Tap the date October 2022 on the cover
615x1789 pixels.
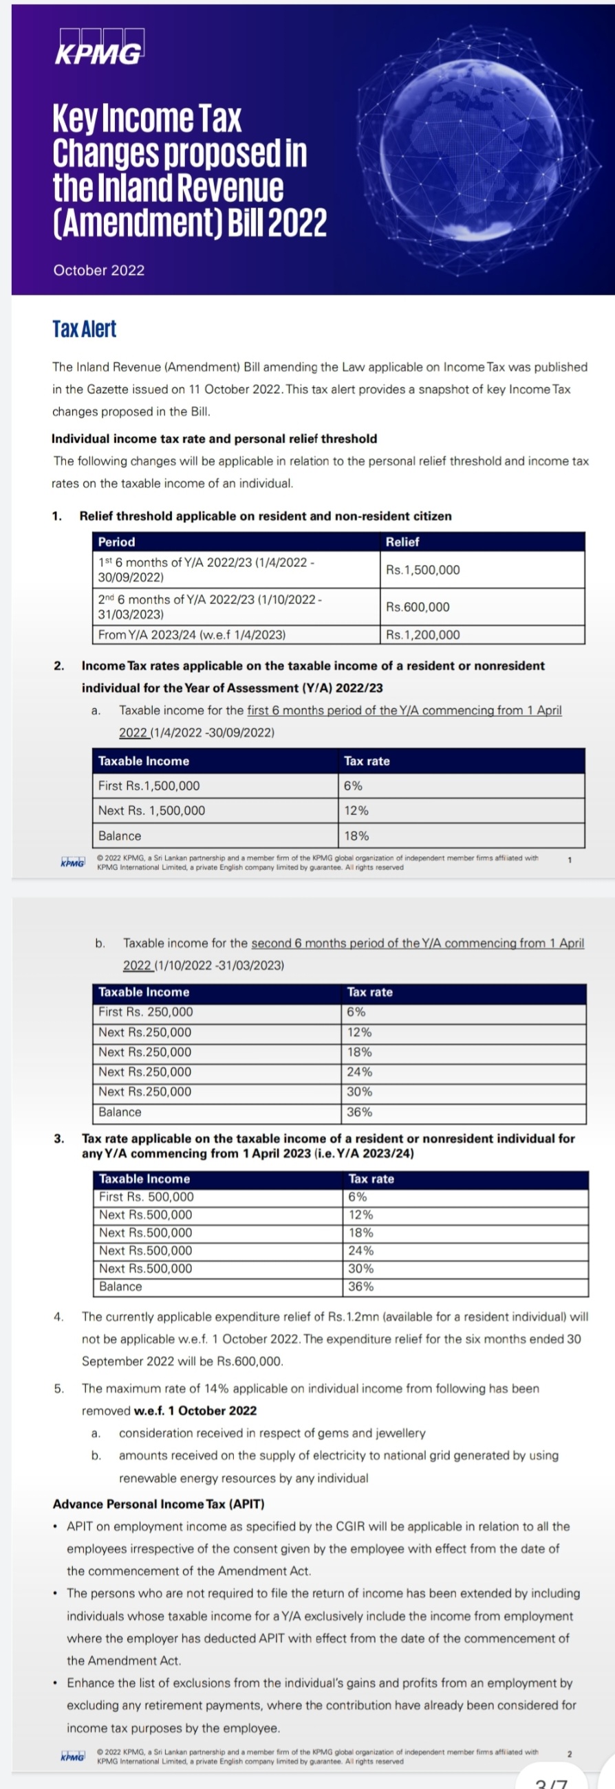point(98,270)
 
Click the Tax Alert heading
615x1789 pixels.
point(84,329)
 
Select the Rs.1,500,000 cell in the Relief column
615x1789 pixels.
point(422,570)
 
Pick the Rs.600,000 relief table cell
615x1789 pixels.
point(418,606)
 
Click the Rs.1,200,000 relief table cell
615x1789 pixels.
point(422,634)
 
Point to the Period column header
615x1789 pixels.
point(117,542)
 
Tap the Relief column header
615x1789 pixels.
point(402,542)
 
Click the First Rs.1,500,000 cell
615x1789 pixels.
point(149,786)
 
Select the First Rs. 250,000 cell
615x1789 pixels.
point(145,1012)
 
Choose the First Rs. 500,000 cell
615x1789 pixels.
point(146,1197)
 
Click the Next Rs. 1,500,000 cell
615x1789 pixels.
point(151,810)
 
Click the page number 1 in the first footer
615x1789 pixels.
point(570,860)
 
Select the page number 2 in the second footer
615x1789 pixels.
point(570,1753)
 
